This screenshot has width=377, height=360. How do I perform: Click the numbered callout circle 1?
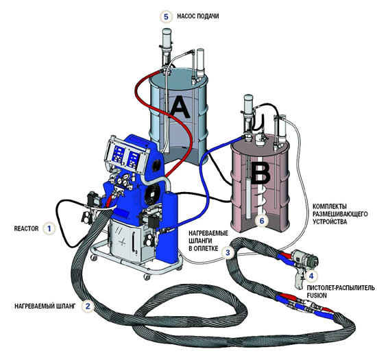(49, 228)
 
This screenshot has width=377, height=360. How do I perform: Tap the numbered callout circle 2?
(88, 306)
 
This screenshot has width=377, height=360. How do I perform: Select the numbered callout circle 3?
(228, 252)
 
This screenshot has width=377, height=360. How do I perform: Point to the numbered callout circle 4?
(311, 276)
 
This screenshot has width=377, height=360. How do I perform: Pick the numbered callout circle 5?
(167, 16)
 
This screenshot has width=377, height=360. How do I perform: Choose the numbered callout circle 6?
(262, 221)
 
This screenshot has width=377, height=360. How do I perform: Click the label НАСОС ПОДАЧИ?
(198, 16)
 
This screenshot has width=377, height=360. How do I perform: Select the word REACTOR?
(26, 228)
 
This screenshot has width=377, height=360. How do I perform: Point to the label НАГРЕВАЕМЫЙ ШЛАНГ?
(45, 306)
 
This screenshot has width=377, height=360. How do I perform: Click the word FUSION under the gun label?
(317, 296)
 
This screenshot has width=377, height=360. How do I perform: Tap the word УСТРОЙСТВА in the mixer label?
(330, 221)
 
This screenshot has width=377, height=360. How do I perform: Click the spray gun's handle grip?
(299, 280)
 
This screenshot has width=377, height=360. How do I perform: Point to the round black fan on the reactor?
(153, 193)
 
